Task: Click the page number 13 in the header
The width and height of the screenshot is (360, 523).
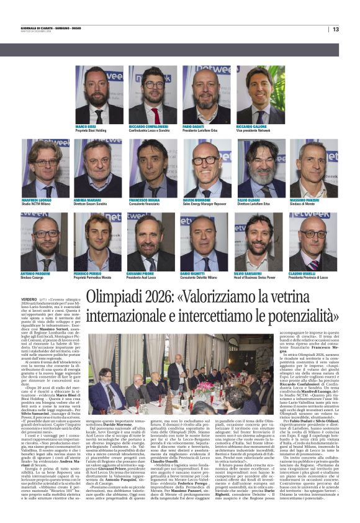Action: pyautogui.click(x=336, y=29)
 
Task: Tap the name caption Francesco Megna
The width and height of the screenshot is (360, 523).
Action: pyautogui.click(x=143, y=200)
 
